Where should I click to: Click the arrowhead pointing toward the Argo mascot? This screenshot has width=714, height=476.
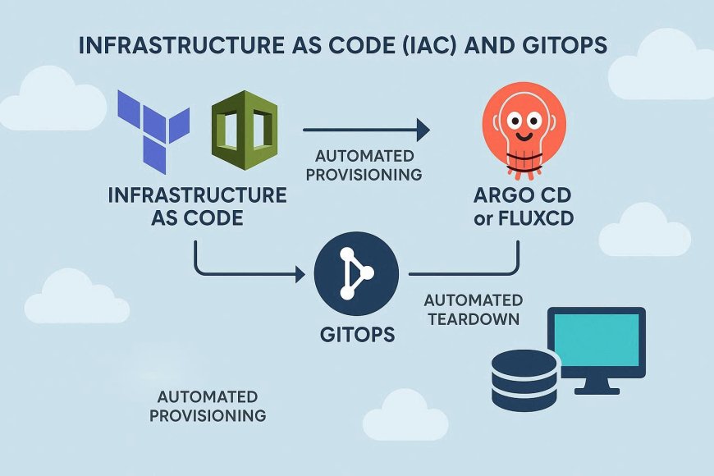[423, 129]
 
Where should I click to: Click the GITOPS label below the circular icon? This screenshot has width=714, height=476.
[355, 334]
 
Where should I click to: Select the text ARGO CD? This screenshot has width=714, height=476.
[523, 197]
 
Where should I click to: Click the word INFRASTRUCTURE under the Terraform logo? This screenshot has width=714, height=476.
[197, 196]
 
